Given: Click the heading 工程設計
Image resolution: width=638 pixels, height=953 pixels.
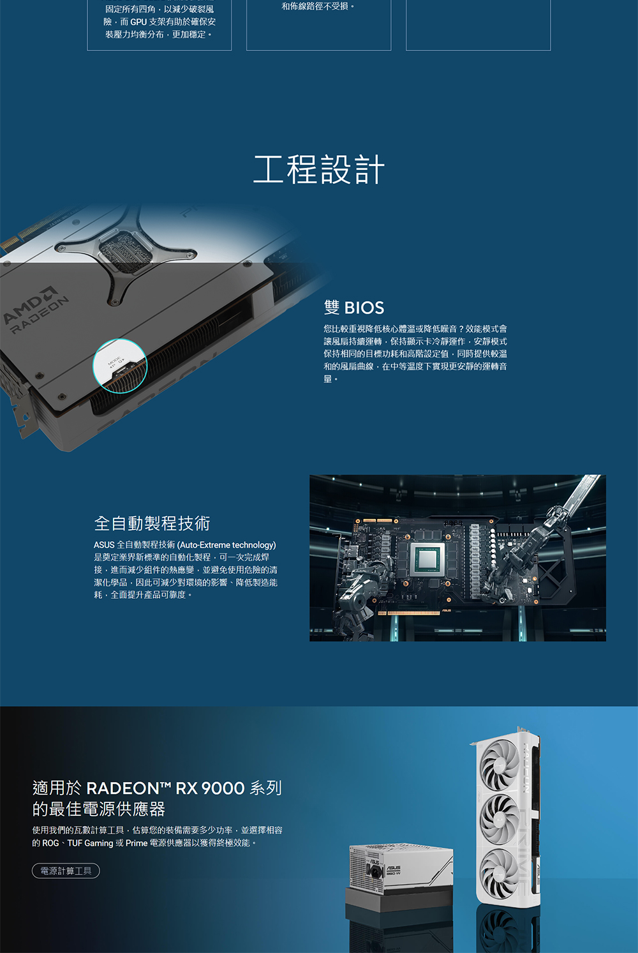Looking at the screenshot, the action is (x=319, y=169).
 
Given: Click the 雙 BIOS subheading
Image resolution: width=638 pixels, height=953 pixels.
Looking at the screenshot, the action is (x=354, y=308).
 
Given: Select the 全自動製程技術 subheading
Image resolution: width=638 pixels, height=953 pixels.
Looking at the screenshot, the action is (x=152, y=523).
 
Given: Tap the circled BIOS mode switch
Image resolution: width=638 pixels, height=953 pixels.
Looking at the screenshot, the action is (x=120, y=366).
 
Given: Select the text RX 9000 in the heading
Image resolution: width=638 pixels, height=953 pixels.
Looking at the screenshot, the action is (x=210, y=788).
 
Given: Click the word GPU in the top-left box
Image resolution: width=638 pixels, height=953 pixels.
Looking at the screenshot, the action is (x=138, y=22).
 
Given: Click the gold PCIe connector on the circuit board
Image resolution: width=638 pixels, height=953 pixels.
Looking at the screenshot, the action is (x=409, y=613).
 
